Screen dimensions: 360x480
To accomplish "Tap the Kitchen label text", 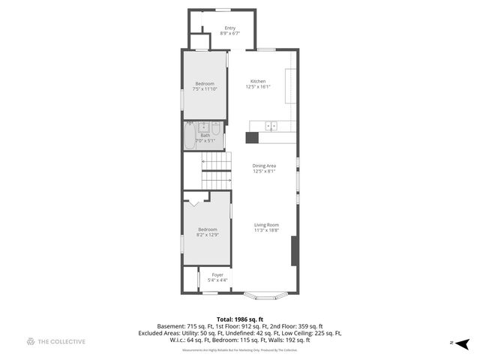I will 258,81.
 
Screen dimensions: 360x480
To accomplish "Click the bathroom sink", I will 202,127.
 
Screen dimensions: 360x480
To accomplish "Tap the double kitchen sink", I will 272,126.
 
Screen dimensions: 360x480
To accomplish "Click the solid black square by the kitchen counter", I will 252,137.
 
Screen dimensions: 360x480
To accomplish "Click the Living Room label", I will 266,225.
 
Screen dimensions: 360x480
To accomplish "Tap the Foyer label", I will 217,275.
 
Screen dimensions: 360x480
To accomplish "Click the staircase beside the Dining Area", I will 215,169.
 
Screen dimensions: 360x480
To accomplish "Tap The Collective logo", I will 56,342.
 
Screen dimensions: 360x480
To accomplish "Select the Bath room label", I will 205,136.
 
